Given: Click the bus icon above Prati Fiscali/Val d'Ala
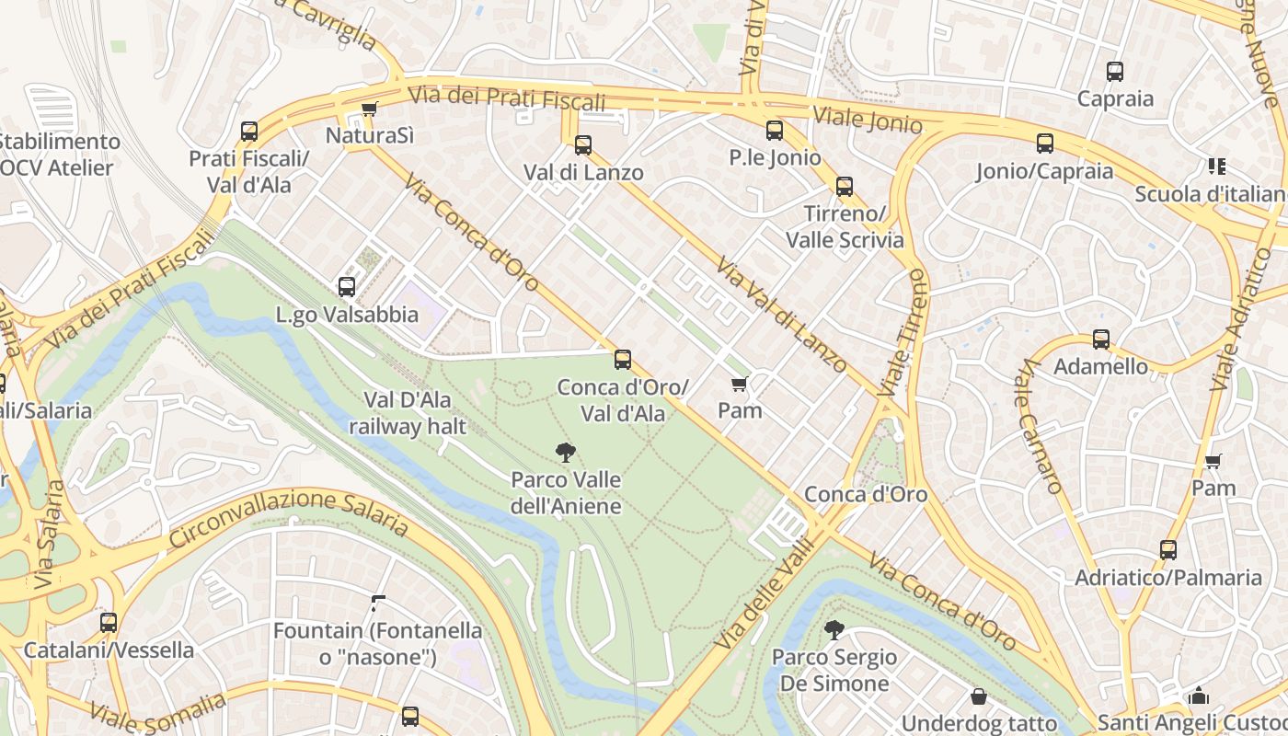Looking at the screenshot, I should [249, 132].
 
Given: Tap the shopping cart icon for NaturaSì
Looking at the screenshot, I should [369, 109].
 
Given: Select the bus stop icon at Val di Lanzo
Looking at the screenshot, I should [582, 145].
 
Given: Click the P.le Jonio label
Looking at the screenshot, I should [775, 157].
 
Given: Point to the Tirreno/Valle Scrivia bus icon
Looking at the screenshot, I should [844, 187].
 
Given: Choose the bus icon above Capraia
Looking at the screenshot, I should [1115, 72].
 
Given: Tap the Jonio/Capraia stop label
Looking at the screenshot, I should [1044, 171].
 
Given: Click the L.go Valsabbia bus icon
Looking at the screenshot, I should [347, 287].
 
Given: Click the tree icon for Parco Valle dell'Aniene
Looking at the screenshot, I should [566, 452].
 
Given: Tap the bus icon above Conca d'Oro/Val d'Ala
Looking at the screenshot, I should [623, 360].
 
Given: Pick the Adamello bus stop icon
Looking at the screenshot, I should [1100, 339].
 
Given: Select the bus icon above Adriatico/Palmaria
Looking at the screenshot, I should [1167, 550].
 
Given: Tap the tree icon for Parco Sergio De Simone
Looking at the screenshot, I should [834, 630].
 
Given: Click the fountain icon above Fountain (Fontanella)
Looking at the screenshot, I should [377, 604].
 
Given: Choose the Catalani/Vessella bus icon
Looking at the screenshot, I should [109, 623].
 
